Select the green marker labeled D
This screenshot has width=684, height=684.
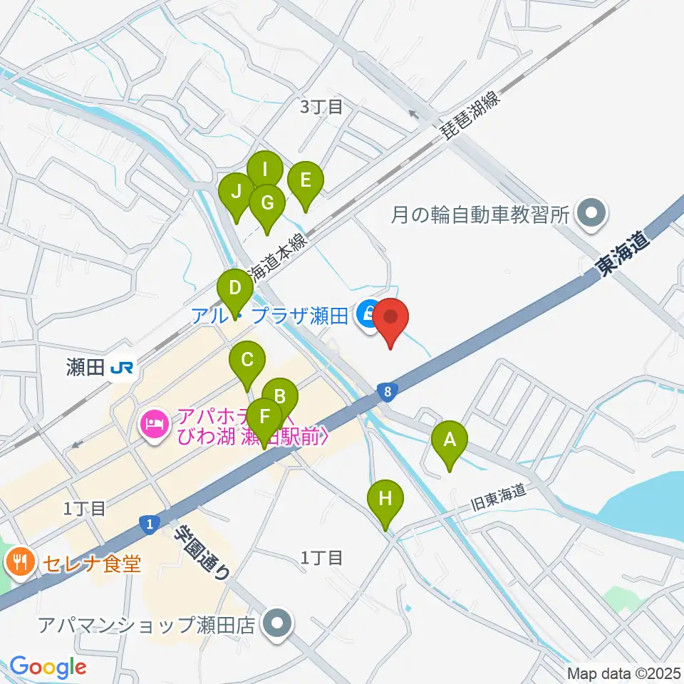(234, 290)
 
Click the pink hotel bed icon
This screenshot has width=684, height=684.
(154, 425)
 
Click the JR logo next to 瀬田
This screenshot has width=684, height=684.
(125, 368)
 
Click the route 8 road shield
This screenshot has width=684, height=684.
(386, 391)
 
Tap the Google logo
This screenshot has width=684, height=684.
(48, 667)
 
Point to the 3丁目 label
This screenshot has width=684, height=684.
(322, 108)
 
